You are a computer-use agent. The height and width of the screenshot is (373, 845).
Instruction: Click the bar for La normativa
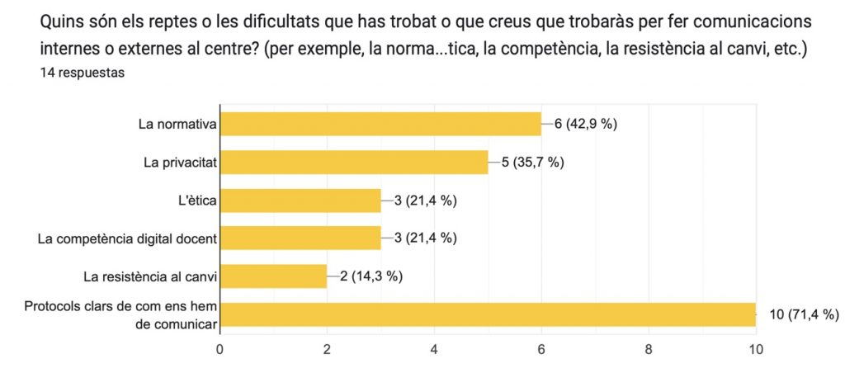click(x=380, y=124)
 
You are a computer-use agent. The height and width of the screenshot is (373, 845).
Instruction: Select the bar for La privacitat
click(x=354, y=162)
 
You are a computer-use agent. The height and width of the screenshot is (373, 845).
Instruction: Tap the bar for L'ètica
click(x=300, y=201)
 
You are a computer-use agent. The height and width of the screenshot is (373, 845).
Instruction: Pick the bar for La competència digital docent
click(x=300, y=238)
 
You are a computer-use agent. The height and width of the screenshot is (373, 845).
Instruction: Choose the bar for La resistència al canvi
click(x=273, y=276)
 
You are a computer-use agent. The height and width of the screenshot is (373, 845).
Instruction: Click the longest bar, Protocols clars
click(x=488, y=314)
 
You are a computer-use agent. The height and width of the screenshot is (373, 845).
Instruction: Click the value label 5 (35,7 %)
click(x=532, y=162)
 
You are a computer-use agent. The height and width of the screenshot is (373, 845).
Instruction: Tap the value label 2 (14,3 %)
click(x=371, y=276)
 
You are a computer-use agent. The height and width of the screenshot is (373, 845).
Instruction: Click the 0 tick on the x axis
click(x=220, y=349)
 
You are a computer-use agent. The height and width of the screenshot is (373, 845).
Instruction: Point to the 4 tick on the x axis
click(x=434, y=349)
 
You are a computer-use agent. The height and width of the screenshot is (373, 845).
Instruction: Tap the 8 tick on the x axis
click(x=649, y=349)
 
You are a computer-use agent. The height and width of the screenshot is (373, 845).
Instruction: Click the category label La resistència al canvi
click(x=149, y=276)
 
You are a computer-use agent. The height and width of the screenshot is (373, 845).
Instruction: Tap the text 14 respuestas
click(x=82, y=73)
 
